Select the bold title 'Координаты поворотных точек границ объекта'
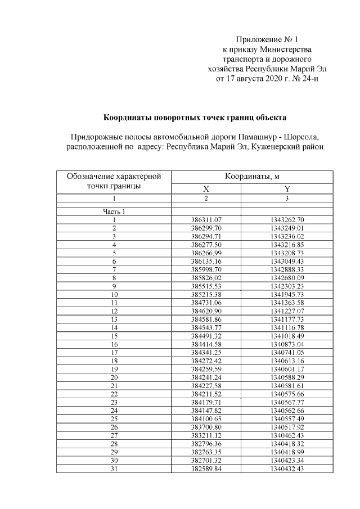pos(195,118)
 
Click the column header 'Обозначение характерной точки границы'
pos(114,181)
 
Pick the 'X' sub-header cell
pos(206,190)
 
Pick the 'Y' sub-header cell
pos(287,190)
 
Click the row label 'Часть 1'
pos(114,212)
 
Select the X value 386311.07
pos(206,220)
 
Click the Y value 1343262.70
pos(287,220)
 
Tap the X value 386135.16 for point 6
pos(206,262)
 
